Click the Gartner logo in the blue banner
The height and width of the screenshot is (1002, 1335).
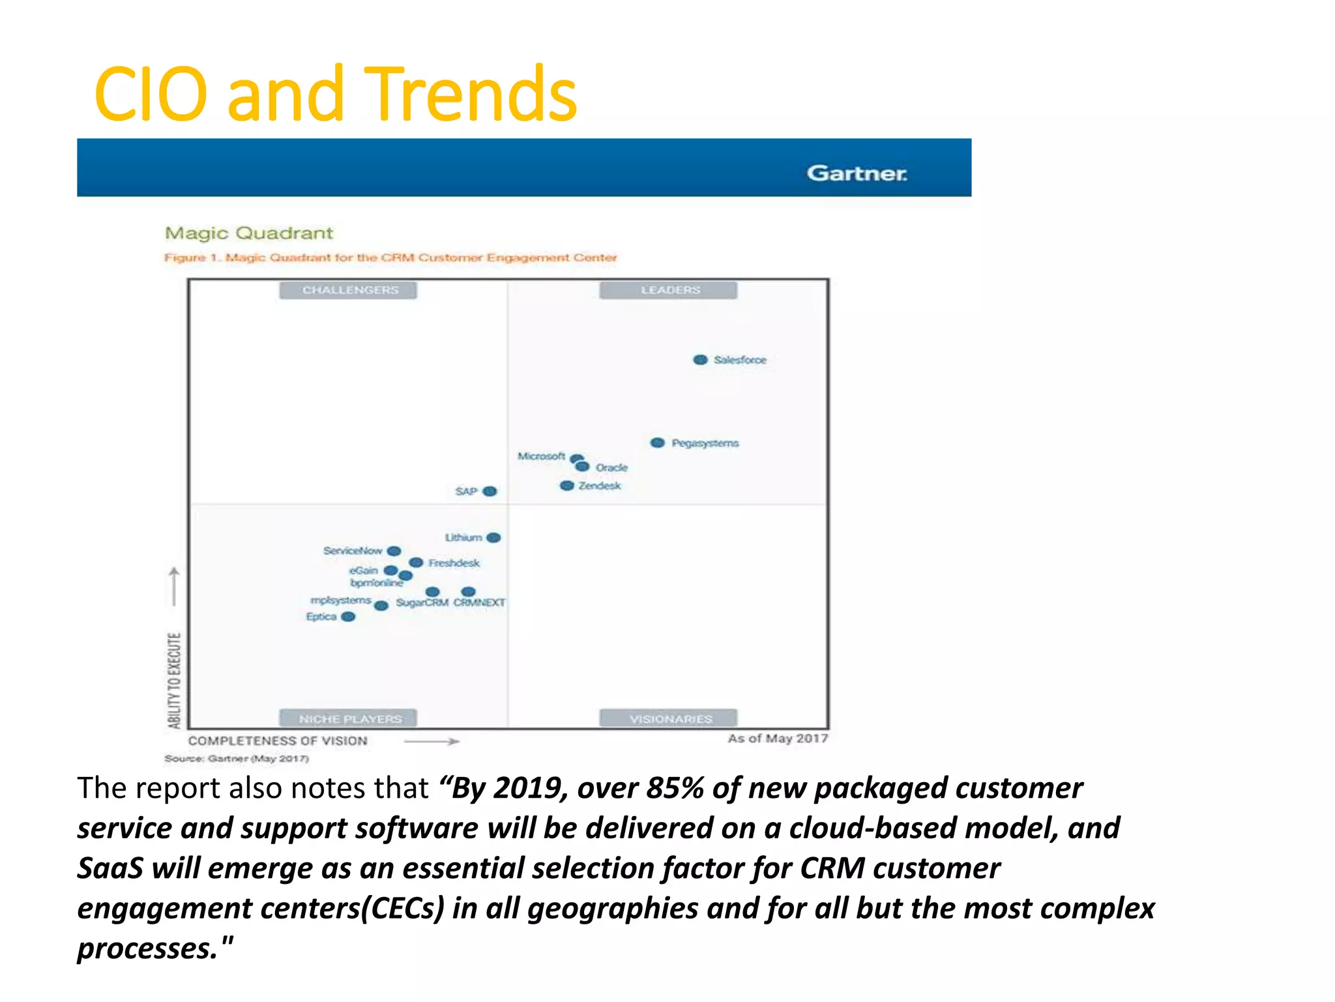[x=857, y=174]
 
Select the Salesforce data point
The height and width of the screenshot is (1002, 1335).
[x=700, y=360]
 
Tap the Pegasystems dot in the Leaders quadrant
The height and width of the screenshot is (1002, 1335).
[x=658, y=443]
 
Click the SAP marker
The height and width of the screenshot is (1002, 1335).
[x=490, y=491]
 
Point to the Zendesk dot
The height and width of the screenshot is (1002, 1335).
[x=567, y=486]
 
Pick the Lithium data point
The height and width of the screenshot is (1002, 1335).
[x=494, y=538]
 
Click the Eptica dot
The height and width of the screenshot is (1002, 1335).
[x=349, y=616]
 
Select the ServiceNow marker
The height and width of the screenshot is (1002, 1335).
[x=394, y=551]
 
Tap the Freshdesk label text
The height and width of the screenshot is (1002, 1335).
[x=454, y=563]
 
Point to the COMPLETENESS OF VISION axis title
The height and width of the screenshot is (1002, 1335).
[x=278, y=741]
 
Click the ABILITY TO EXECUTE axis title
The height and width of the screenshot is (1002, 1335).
[x=174, y=680]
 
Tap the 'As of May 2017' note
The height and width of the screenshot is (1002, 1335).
[x=777, y=738]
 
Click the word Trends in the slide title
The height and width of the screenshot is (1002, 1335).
[x=474, y=95]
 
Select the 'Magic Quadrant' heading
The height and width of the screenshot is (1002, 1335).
[x=248, y=234]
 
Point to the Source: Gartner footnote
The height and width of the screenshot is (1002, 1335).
[x=236, y=759]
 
